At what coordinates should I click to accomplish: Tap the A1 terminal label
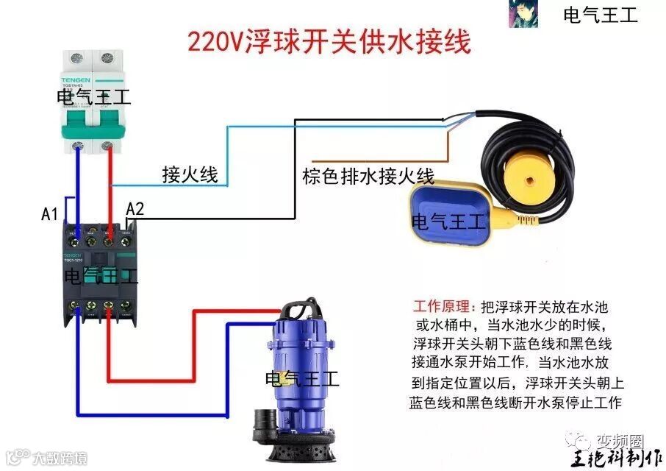coord(49,215)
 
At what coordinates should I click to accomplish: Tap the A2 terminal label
coord(135,209)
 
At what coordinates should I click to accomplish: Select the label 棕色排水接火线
coord(368,177)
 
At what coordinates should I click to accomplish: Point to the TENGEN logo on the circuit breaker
coord(76,79)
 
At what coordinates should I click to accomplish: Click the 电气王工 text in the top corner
coord(600,15)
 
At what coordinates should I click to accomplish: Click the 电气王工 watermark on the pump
coord(302,379)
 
